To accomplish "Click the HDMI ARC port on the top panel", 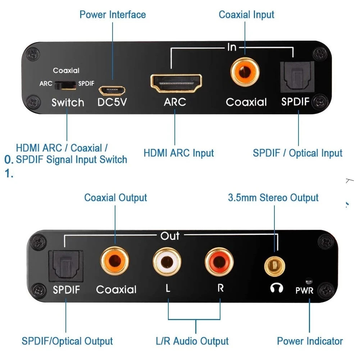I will (x=176, y=83).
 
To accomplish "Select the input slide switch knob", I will (x=66, y=85).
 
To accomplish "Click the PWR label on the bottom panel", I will (x=304, y=290).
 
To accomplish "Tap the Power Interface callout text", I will (x=113, y=15).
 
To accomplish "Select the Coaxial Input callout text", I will (x=246, y=15).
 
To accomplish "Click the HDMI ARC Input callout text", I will (x=179, y=153).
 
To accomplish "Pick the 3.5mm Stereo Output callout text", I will (x=273, y=198).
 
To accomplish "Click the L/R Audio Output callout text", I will (x=192, y=341).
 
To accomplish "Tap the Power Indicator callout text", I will (x=310, y=341).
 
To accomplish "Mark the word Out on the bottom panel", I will (x=170, y=236).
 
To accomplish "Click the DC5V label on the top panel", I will (x=112, y=102).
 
